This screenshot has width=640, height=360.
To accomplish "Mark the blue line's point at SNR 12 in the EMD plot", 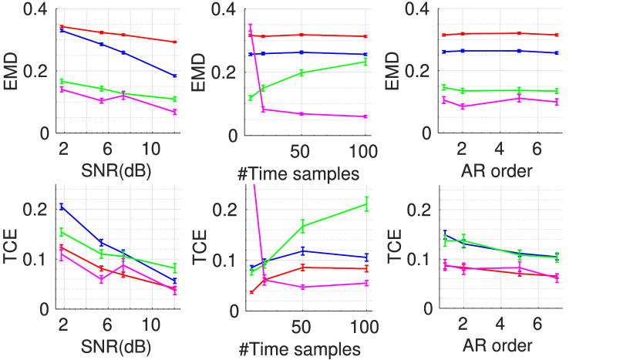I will coord(175,76).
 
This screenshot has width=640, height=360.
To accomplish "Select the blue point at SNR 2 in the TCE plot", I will coord(62,207).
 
